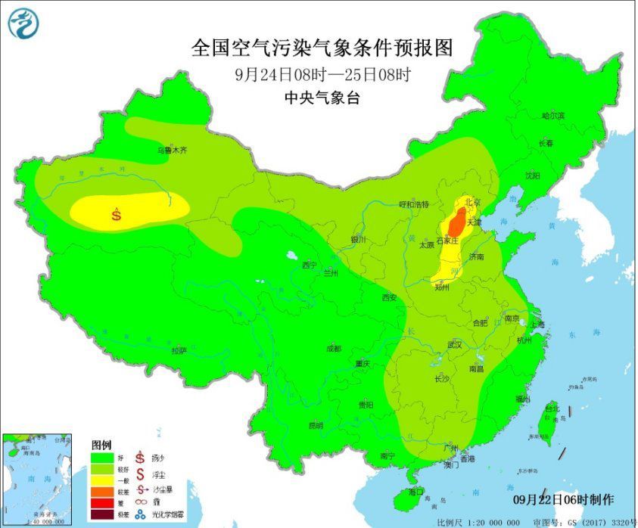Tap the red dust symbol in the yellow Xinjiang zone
117,214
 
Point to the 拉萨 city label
179,350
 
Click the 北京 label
472,202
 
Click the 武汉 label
454,343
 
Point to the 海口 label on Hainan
415,492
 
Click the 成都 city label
332,349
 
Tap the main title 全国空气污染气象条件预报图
322,48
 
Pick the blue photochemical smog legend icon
140,516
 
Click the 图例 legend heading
101,444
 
